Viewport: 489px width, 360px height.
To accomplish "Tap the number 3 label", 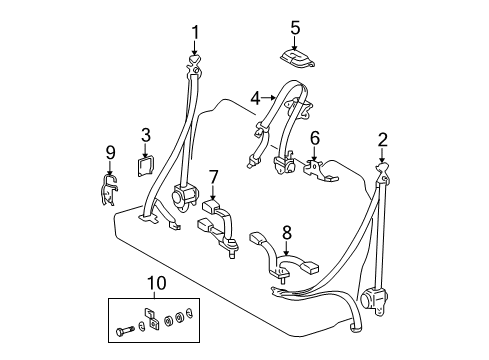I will (x=145, y=134).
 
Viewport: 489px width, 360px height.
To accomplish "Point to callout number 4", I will (x=255, y=97).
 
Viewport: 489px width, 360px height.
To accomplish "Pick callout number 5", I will (x=295, y=27).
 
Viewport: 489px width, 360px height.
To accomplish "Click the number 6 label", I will (x=314, y=137).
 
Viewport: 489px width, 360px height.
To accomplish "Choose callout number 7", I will (x=213, y=177).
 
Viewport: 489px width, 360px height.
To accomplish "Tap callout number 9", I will (x=111, y=153).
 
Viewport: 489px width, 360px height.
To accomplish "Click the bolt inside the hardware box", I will (x=130, y=326).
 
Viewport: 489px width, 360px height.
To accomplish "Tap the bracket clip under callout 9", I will (x=113, y=184).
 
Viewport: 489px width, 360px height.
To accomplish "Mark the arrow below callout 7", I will (x=213, y=193).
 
